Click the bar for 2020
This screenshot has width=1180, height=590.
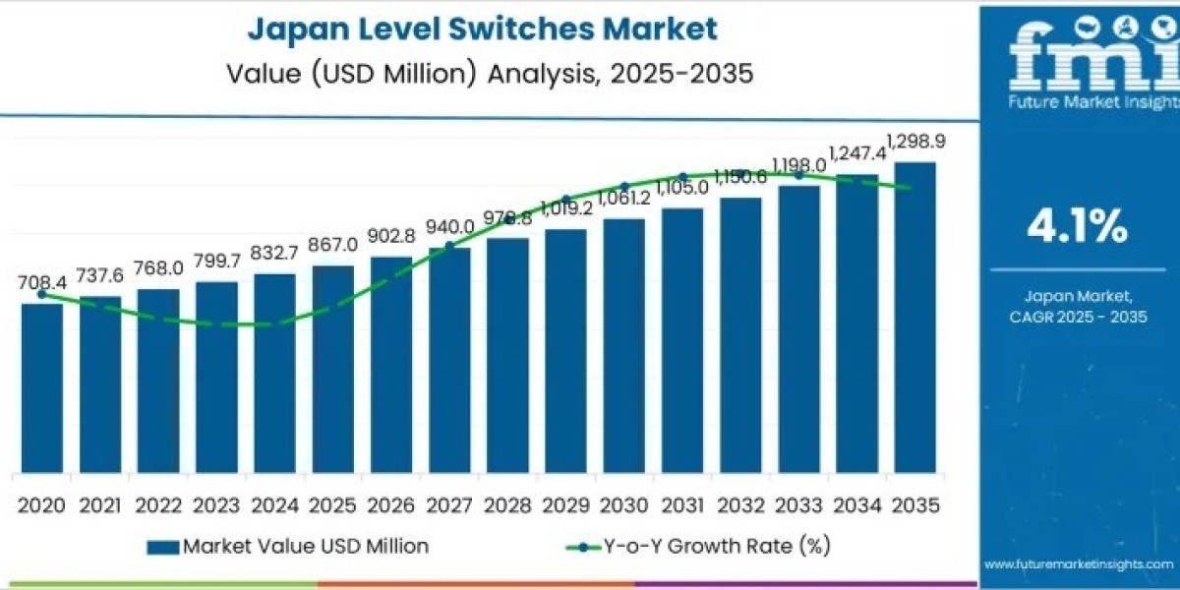click(x=41, y=388)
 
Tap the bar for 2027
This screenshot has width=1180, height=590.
click(x=449, y=360)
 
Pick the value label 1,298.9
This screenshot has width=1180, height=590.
click(x=915, y=142)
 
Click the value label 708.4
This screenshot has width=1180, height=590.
click(x=41, y=283)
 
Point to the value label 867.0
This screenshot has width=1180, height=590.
click(x=332, y=245)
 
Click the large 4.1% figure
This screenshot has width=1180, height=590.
click(x=1077, y=228)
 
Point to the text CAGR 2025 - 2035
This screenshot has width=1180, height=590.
click(x=1078, y=316)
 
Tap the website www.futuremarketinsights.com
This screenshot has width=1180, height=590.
click(x=1078, y=564)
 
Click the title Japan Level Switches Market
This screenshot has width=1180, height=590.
click(x=482, y=29)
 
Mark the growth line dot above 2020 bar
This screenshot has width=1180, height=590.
click(x=41, y=294)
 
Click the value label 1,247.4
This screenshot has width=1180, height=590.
click(x=857, y=153)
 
